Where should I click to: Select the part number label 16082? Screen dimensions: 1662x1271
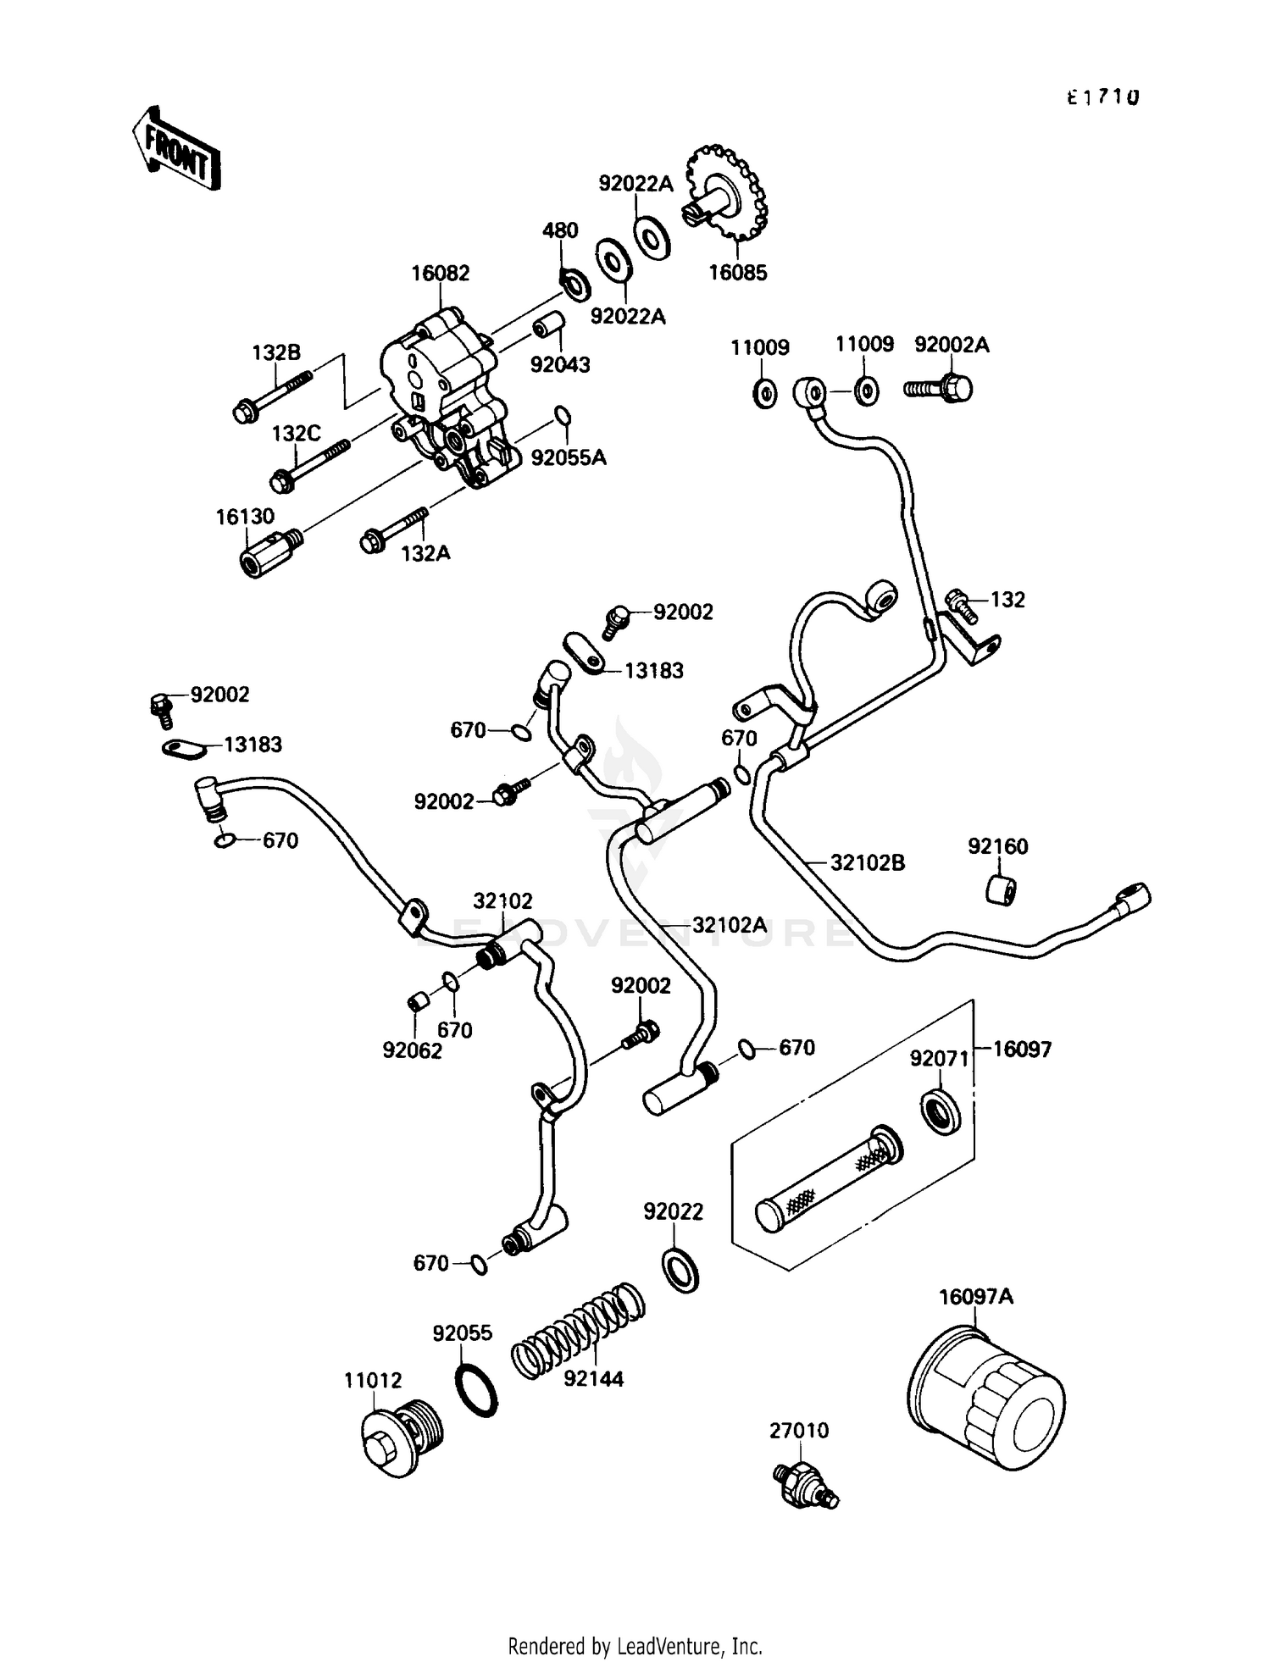point(440,274)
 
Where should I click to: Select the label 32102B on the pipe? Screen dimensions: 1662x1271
point(867,863)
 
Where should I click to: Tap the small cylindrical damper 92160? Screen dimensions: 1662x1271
point(1003,890)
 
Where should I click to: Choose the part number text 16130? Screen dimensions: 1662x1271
point(245,517)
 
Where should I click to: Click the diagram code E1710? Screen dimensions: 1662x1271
point(1102,97)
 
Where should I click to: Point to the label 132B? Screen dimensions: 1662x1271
point(276,352)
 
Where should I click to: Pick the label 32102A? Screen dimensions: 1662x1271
point(729,925)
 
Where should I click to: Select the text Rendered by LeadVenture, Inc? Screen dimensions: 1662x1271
point(635,1645)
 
